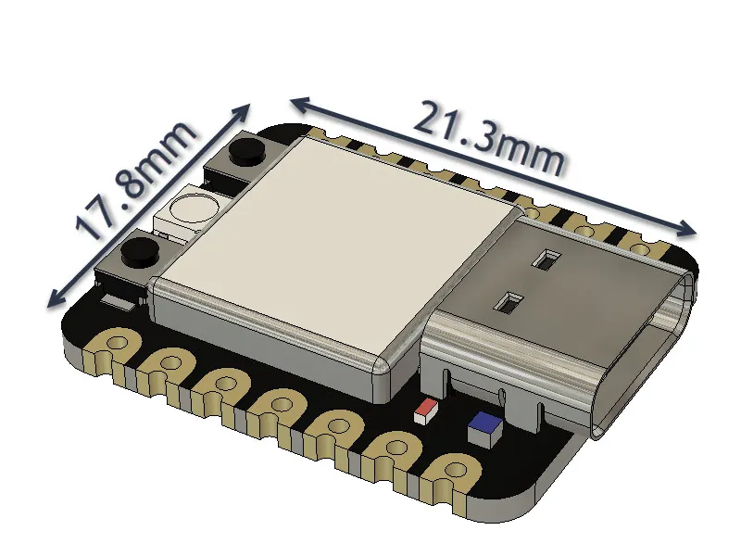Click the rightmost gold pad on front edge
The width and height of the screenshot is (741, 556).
click(x=454, y=473)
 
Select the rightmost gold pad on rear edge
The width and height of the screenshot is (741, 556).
click(x=639, y=246)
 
